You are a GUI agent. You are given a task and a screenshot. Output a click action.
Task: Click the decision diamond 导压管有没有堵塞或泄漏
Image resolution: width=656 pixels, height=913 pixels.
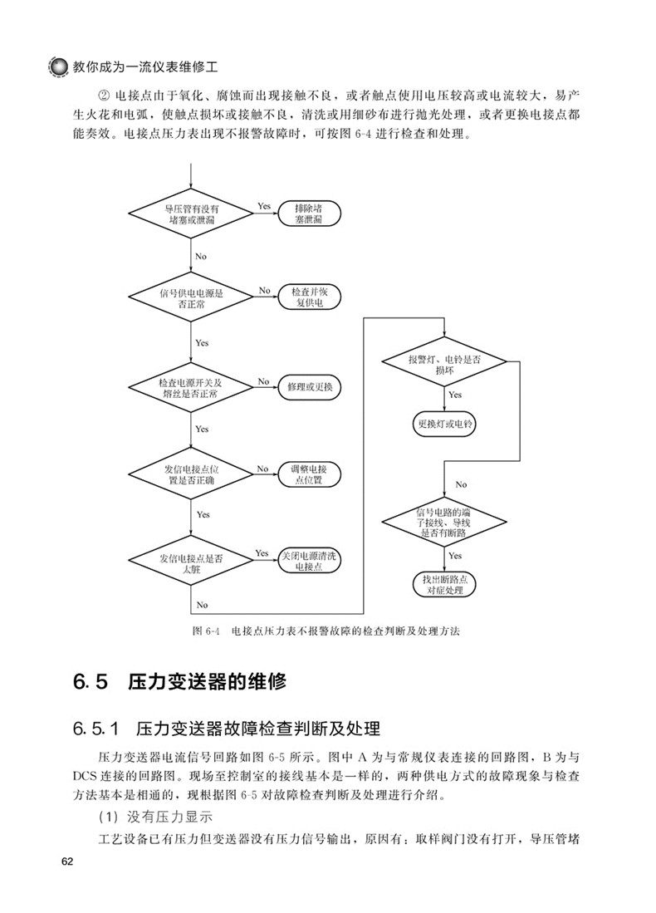pyautogui.click(x=192, y=214)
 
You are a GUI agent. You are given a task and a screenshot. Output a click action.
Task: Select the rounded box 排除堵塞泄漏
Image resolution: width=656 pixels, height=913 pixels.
pyautogui.click(x=307, y=214)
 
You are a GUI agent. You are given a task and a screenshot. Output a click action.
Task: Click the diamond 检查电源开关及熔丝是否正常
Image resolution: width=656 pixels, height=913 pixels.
pyautogui.click(x=192, y=388)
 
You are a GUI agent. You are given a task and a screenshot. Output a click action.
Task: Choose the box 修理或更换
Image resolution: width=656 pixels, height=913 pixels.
pyautogui.click(x=307, y=388)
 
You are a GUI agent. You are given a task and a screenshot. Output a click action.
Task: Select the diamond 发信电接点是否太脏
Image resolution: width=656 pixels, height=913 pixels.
pyautogui.click(x=192, y=560)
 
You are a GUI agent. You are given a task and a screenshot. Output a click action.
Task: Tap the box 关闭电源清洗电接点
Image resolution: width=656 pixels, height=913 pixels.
pyautogui.click(x=307, y=560)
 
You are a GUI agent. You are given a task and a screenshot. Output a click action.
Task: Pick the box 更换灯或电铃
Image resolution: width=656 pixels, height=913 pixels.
pyautogui.click(x=443, y=424)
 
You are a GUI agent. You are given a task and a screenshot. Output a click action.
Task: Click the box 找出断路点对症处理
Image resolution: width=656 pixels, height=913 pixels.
pyautogui.click(x=443, y=583)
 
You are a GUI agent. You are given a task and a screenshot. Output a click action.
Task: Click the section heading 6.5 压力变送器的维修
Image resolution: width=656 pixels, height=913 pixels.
pyautogui.click(x=179, y=683)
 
